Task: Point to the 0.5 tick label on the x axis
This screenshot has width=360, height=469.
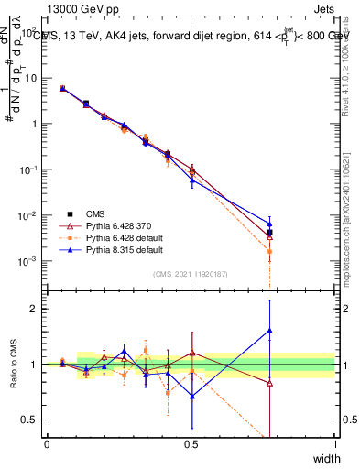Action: [x=191, y=444]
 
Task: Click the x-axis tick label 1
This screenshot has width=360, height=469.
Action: [x=335, y=444]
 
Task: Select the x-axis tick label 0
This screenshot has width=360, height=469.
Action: [x=47, y=444]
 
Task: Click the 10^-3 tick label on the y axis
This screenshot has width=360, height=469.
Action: [x=30, y=261]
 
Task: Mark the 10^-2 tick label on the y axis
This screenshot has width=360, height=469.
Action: [x=30, y=215]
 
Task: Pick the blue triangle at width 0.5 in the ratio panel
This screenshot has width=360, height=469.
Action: [x=191, y=396]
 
